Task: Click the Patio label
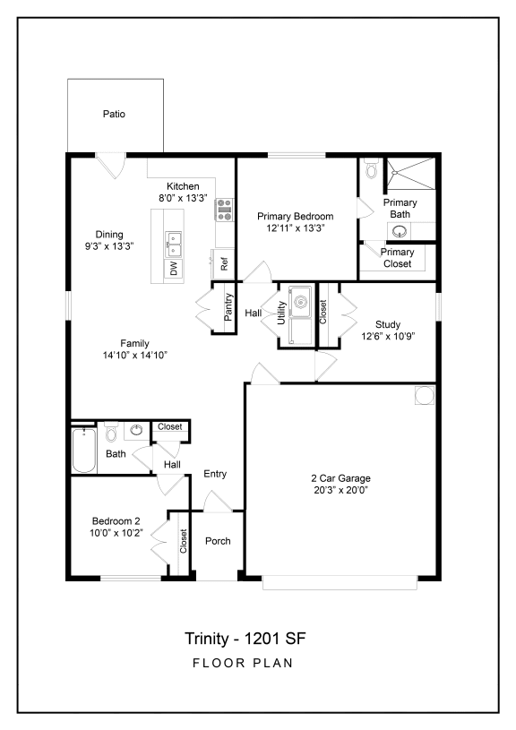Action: (113, 114)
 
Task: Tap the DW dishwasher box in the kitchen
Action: (173, 268)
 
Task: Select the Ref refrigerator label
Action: (224, 264)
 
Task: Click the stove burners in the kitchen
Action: (224, 210)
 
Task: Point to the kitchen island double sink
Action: (173, 239)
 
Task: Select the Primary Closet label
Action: (397, 258)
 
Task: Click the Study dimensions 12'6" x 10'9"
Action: (388, 337)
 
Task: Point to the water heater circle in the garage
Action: (423, 395)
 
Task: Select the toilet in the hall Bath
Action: (111, 434)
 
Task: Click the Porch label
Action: (218, 541)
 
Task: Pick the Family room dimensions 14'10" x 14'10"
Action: (134, 355)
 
